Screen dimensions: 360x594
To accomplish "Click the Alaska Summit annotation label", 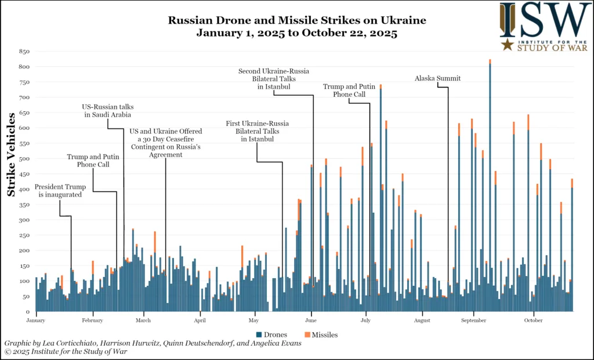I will [437, 78].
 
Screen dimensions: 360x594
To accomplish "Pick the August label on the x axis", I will [422, 320].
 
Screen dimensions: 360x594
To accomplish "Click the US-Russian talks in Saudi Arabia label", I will [106, 111].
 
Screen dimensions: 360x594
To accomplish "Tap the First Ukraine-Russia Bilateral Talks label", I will [257, 131].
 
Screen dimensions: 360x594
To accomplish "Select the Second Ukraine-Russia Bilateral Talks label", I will [274, 78].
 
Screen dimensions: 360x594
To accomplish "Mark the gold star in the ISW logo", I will [508, 45].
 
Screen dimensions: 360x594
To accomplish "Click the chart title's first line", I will [297, 20].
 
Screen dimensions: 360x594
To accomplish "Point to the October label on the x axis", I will [533, 320].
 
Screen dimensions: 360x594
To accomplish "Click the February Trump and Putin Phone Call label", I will [93, 161].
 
